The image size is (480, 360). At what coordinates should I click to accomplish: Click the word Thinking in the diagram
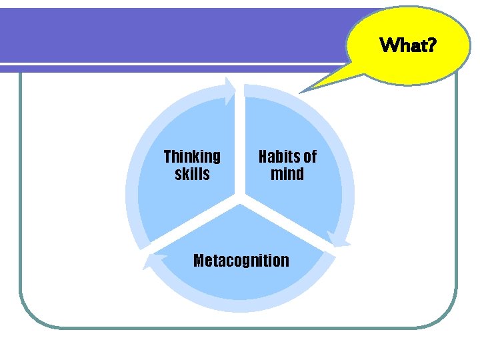pyautogui.click(x=192, y=157)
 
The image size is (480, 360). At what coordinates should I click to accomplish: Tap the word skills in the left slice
pyautogui.click(x=192, y=175)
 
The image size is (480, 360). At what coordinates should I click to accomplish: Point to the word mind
pyautogui.click(x=287, y=175)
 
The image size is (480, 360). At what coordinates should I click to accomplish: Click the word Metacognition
pyautogui.click(x=241, y=261)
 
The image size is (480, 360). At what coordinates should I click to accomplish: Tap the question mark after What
pyautogui.click(x=431, y=45)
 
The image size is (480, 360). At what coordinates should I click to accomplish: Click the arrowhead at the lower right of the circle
pyautogui.click(x=338, y=239)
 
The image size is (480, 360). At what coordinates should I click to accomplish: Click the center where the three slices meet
pyautogui.click(x=240, y=198)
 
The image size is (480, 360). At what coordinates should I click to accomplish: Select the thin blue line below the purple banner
pyautogui.click(x=167, y=67)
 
